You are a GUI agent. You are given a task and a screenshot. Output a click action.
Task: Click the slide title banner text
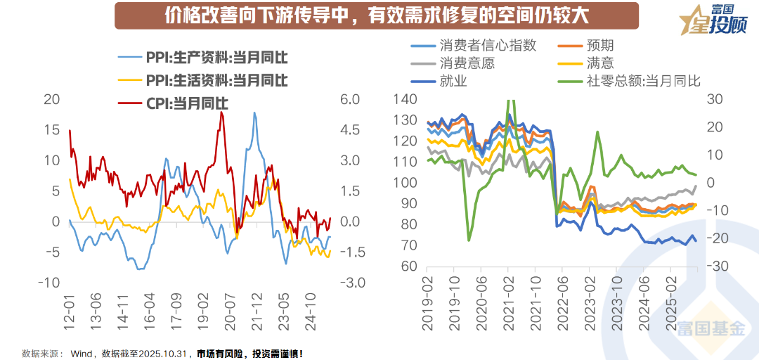[x=377, y=15]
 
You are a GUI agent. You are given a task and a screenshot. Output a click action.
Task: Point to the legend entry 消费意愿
[x=467, y=63]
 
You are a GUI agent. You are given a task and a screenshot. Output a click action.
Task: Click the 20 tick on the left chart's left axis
[x=51, y=100]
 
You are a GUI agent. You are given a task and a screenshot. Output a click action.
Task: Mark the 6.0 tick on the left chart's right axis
[x=350, y=100]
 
